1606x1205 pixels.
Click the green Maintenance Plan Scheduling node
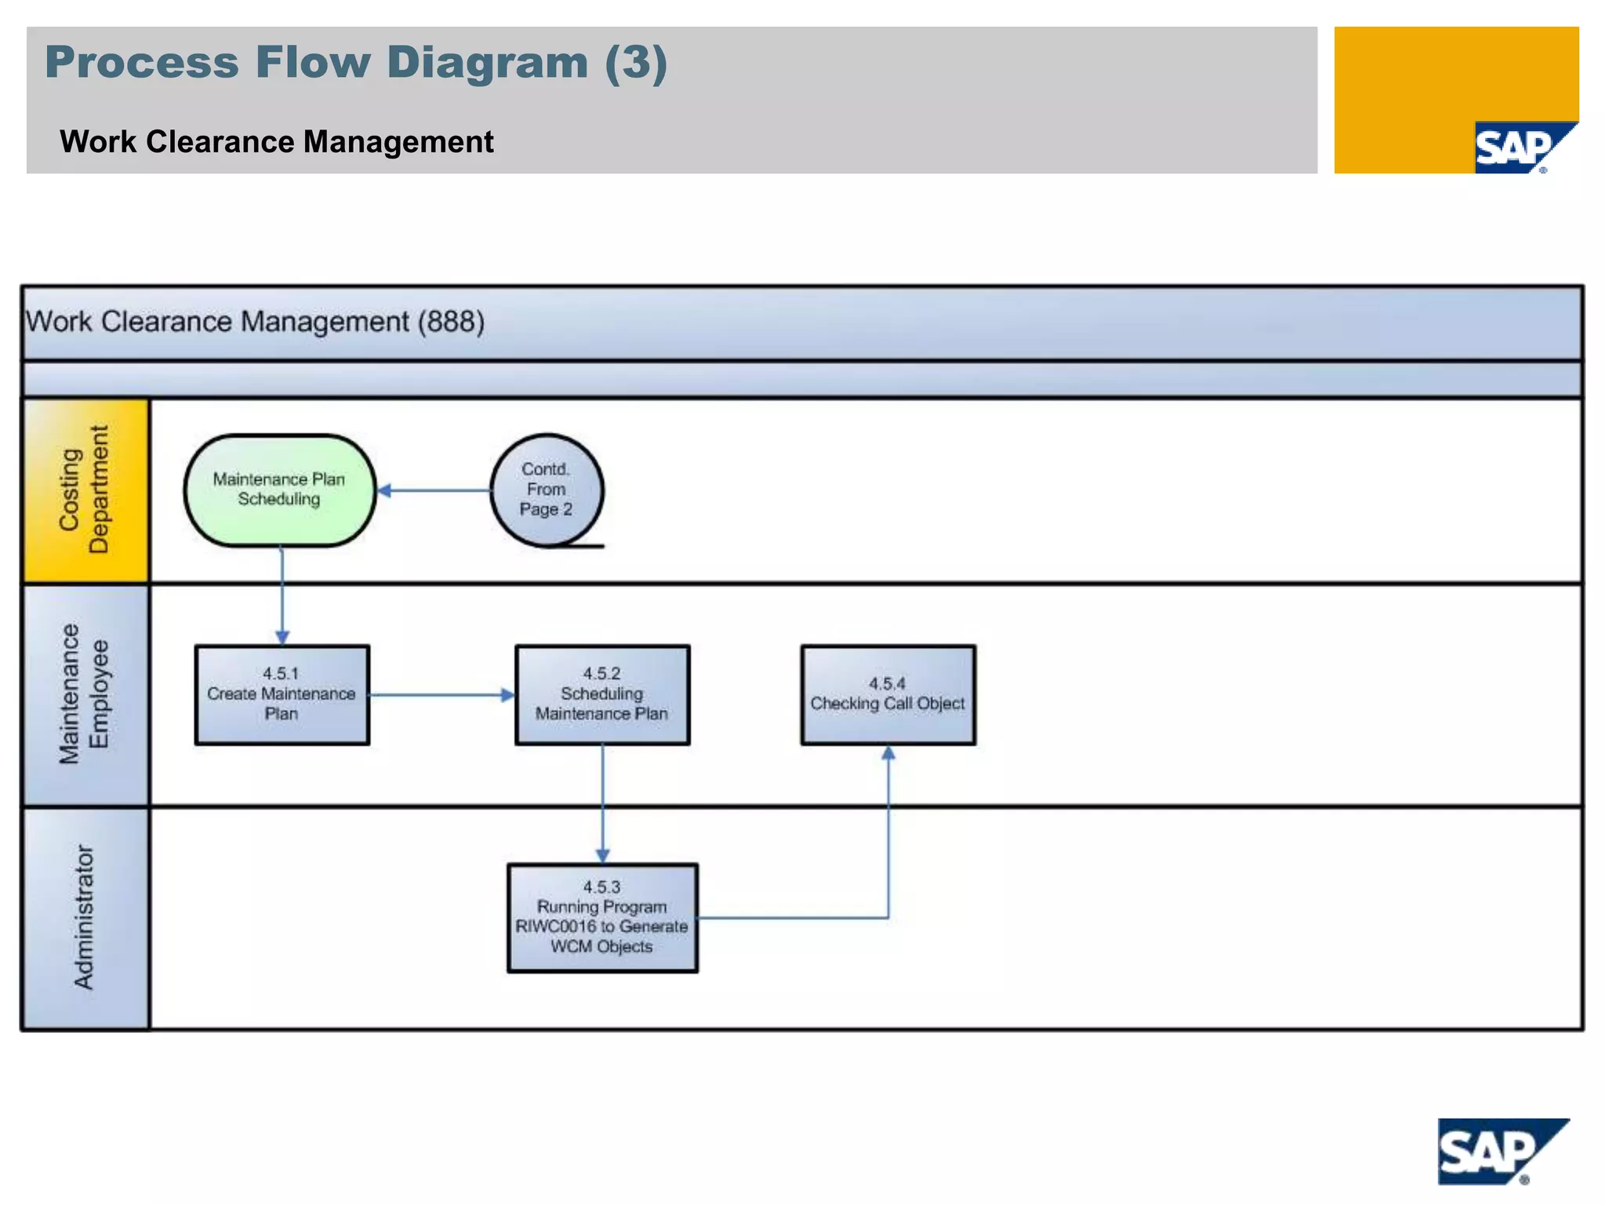(280, 490)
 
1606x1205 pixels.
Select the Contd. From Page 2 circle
(547, 490)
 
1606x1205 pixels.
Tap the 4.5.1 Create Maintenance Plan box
(282, 694)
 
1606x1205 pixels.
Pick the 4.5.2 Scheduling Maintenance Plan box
(602, 694)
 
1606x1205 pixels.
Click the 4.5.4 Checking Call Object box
(888, 694)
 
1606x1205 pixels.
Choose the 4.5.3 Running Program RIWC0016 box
(602, 917)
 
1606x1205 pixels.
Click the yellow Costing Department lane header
(85, 490)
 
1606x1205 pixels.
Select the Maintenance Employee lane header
(85, 694)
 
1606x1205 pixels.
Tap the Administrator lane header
(85, 917)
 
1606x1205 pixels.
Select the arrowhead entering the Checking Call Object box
(888, 753)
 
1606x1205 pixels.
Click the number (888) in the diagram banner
(451, 322)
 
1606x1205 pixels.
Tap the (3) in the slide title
(635, 62)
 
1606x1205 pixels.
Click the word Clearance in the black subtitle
(221, 142)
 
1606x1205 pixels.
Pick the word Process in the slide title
(141, 62)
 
